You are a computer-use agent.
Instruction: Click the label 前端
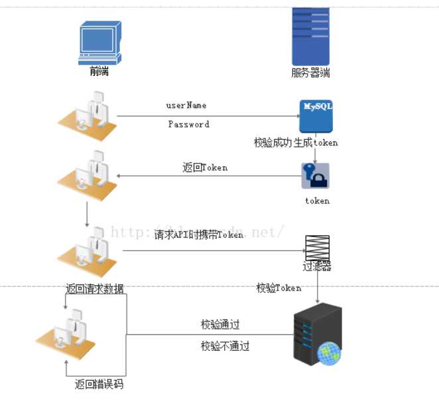coord(99,71)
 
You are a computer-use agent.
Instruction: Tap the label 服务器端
coord(310,73)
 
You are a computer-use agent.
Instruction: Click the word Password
coord(188,124)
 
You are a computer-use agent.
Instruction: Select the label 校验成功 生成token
coord(296,142)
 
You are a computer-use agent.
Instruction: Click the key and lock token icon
coord(315,176)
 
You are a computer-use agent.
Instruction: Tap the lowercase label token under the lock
coord(317,201)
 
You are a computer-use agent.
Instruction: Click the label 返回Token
coord(205,167)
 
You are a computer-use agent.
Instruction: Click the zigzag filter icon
coord(317,248)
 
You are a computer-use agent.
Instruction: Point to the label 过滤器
coord(317,267)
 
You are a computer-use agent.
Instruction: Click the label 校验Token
coord(279,288)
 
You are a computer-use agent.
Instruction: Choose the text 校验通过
coord(220,325)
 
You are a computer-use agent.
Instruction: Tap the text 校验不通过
coord(225,346)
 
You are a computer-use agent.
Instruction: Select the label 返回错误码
coord(99,385)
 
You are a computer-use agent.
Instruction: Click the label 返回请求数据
coord(94,289)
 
